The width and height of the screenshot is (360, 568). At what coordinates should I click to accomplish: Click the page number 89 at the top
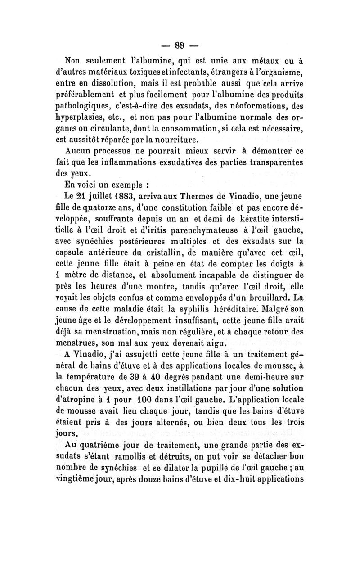tap(180, 45)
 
